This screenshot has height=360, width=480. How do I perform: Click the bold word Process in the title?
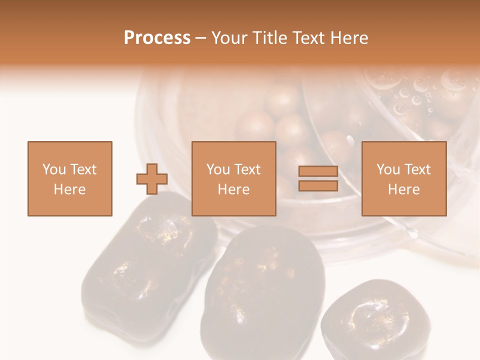[x=157, y=38]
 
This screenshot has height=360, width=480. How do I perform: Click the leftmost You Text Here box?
[x=70, y=178]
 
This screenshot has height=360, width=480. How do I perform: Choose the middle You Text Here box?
[x=234, y=178]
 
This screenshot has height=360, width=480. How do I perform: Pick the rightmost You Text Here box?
[x=404, y=178]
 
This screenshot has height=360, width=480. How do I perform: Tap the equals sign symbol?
[x=318, y=178]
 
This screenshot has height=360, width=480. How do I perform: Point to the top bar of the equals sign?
[x=318, y=171]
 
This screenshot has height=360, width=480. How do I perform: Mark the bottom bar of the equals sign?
[x=318, y=185]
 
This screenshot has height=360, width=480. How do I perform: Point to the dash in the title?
[x=200, y=38]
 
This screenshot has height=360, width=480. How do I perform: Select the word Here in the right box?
[x=404, y=189]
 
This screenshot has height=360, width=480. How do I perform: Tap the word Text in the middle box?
[x=247, y=169]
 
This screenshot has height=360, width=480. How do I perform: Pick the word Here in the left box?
[x=70, y=189]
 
